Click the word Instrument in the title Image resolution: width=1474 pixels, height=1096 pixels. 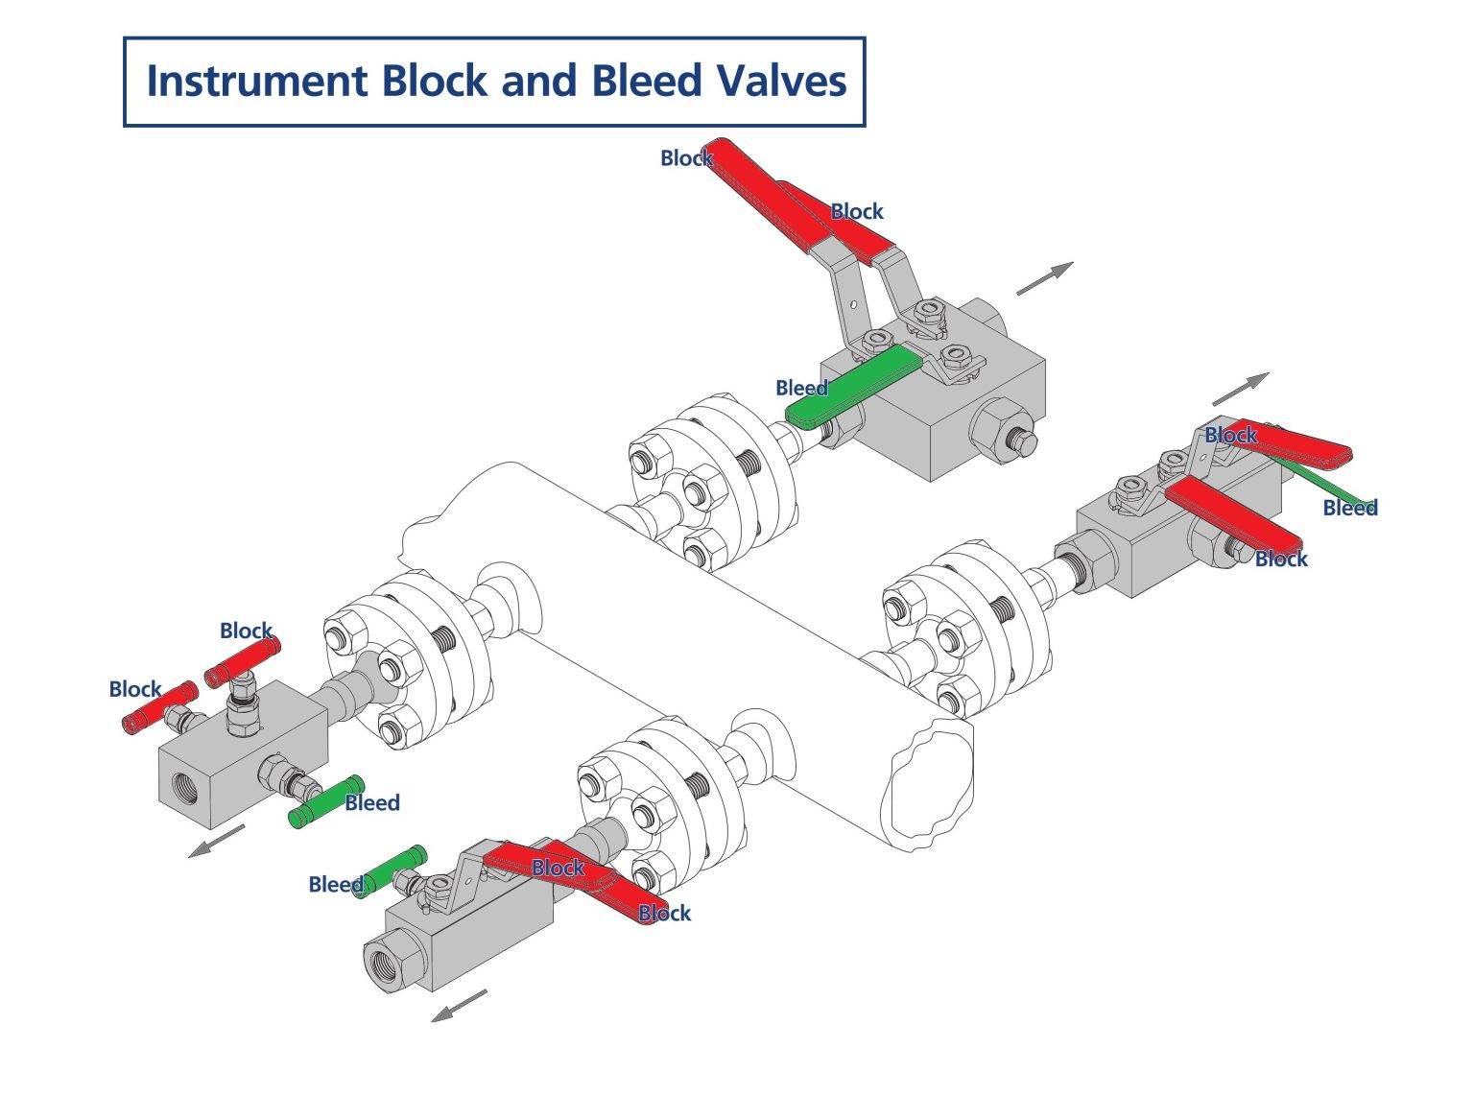pyautogui.click(x=256, y=81)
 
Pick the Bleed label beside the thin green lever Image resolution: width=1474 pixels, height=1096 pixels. pyautogui.click(x=1349, y=508)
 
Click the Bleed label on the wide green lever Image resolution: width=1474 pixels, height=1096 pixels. pyautogui.click(x=801, y=388)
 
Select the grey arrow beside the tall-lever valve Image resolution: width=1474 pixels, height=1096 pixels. pyautogui.click(x=1044, y=277)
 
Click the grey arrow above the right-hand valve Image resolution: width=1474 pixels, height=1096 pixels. pyautogui.click(x=1240, y=389)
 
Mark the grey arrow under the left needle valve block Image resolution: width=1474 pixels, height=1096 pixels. pyautogui.click(x=217, y=841)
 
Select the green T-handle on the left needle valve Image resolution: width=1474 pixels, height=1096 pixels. pyautogui.click(x=326, y=800)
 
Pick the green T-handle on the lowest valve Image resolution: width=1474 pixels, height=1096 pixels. pyautogui.click(x=392, y=869)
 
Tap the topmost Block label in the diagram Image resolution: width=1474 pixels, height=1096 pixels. pyautogui.click(x=685, y=158)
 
